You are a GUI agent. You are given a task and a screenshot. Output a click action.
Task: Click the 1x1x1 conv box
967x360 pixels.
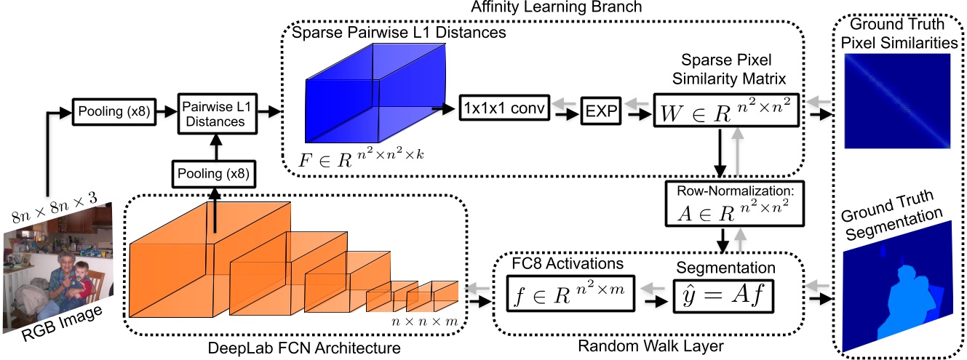click(502, 109)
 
